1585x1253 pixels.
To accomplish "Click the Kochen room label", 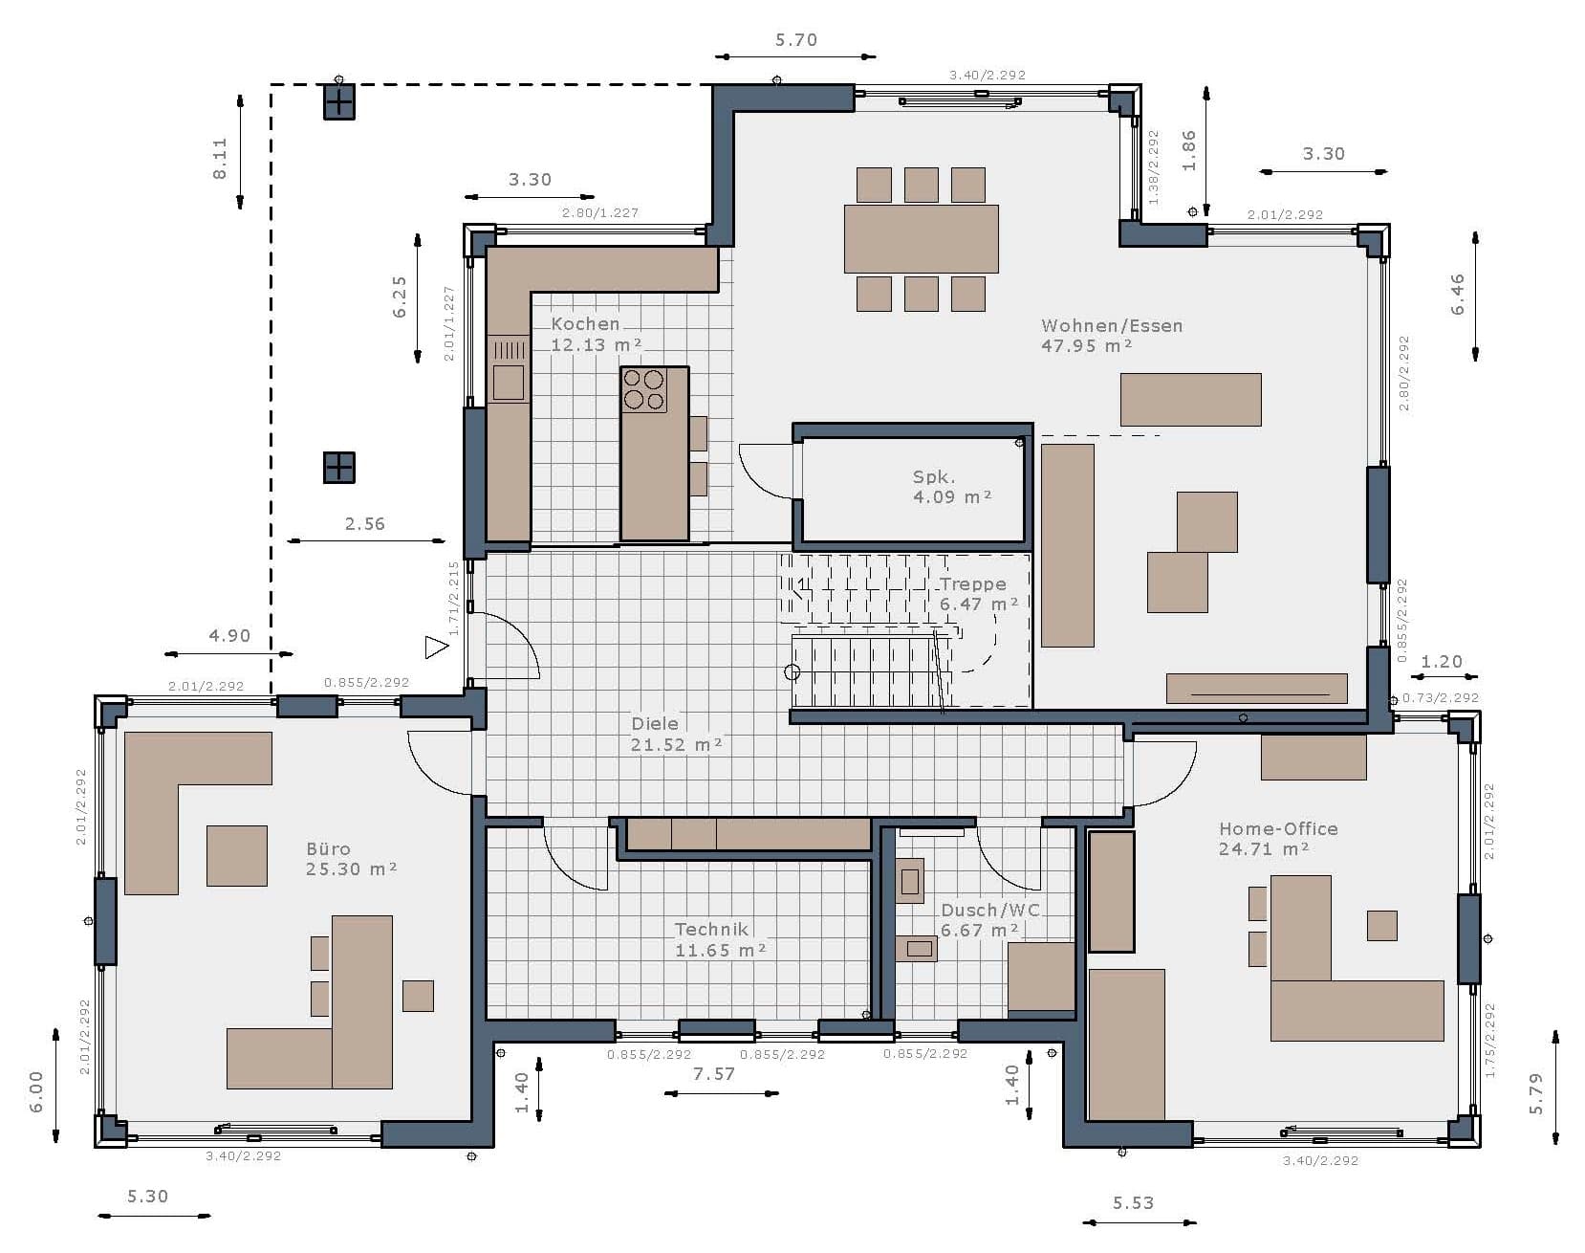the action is coord(585,324).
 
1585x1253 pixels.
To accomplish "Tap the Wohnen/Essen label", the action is coord(1112,326).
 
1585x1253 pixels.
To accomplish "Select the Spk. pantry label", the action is coord(934,477).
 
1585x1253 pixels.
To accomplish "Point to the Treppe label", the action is coord(972,584).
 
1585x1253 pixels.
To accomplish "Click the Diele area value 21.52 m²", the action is coord(676,745).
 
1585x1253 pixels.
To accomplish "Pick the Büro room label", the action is coord(328,849).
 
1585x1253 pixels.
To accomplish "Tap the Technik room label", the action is coord(711,930).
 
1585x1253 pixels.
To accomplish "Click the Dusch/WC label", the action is coord(990,911).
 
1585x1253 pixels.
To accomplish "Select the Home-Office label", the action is coord(1278,829).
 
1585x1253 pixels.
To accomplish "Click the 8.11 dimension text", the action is coord(220,159).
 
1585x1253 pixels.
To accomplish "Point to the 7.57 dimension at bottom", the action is coord(714,1074).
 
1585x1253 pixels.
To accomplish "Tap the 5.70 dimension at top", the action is coord(796,40).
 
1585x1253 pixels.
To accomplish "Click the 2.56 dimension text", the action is coord(365,524).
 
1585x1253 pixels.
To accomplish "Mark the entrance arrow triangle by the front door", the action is coord(436,648).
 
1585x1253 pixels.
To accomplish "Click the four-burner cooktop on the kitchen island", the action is coord(643,389).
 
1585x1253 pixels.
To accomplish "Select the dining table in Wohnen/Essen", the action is coord(921,239).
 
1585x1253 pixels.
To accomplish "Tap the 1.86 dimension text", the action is coord(1189,150).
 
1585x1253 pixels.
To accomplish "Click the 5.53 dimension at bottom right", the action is coord(1134,1203).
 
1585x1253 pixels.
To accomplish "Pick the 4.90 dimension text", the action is coord(229,636).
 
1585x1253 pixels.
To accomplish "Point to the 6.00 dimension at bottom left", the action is coord(36,1091).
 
